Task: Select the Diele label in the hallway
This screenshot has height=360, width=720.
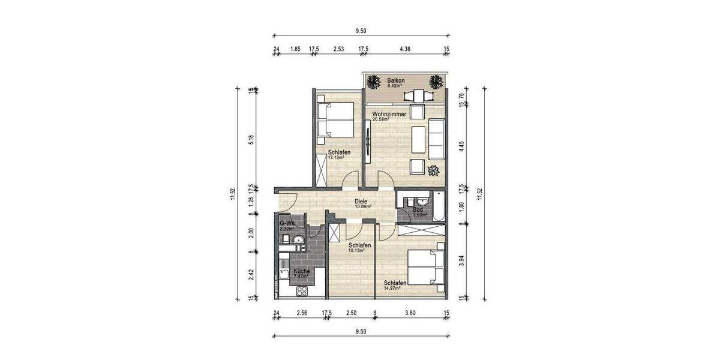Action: (x=361, y=202)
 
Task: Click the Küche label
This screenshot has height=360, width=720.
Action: (x=301, y=271)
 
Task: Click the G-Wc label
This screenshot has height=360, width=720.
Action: (x=287, y=223)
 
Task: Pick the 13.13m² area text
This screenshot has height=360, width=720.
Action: (x=335, y=158)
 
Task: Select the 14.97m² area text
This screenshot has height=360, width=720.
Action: (x=392, y=288)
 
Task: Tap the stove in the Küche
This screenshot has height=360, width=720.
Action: (x=302, y=291)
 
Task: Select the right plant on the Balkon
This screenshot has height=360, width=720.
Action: (x=437, y=81)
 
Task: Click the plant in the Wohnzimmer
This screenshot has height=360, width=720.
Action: (x=433, y=169)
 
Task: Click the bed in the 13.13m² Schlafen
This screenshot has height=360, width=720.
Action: (x=334, y=119)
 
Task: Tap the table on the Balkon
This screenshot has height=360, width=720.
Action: (x=416, y=95)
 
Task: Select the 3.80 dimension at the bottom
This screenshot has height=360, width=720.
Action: (x=410, y=313)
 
